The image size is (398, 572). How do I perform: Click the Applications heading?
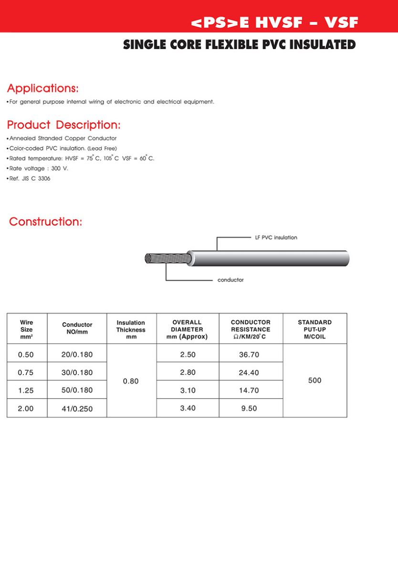42,89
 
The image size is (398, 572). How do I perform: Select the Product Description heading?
63,125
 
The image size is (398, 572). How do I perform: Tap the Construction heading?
46,222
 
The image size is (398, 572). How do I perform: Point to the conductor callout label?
230,280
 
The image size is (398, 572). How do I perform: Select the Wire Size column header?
27,329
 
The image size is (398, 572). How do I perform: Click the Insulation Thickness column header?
131,329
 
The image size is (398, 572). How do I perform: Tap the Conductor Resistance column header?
251,329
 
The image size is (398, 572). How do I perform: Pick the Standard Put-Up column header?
314,329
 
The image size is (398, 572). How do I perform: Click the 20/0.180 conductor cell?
77,355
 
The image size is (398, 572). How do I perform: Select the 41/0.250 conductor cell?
77,409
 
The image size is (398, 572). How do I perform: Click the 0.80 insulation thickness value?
131,381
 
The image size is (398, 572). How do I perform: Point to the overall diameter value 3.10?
188,390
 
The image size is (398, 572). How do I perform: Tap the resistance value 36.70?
249,355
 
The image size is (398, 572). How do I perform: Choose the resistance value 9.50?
249,409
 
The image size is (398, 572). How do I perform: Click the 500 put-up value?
315,380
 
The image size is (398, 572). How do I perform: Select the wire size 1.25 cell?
26,390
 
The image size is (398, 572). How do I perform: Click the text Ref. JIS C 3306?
30,179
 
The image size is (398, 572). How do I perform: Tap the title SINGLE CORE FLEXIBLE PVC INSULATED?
239,45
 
